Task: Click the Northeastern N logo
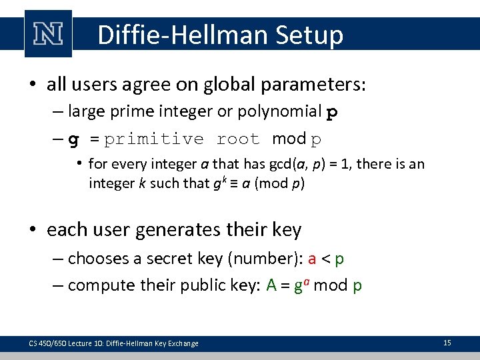(48, 33)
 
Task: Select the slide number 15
(447, 343)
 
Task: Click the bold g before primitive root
(75, 139)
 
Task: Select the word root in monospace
(238, 139)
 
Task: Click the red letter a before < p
(312, 258)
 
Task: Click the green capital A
(271, 285)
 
